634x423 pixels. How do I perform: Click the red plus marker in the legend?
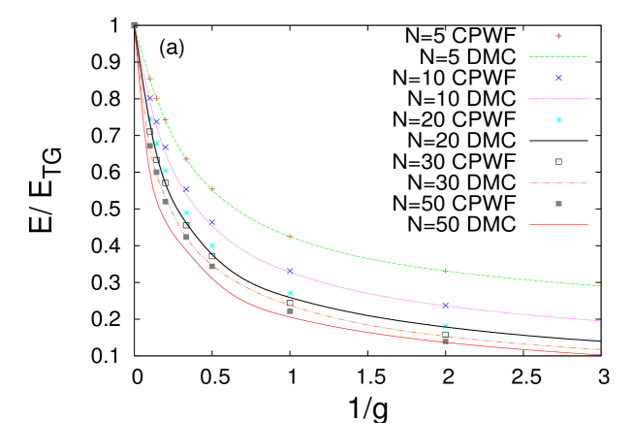coord(558,36)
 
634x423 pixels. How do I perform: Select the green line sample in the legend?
coord(558,57)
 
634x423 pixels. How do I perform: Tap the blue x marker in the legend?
coord(558,78)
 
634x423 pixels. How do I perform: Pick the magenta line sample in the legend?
coord(558,99)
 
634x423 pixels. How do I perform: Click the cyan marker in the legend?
coord(558,120)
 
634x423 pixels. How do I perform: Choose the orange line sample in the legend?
coord(558,182)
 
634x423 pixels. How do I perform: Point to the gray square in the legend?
coord(558,204)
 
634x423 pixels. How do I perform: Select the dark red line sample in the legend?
coord(558,225)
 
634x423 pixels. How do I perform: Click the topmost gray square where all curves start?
coord(134,25)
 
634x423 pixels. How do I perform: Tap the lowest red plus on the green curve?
coord(445,272)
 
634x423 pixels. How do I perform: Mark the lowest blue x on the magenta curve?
coord(445,305)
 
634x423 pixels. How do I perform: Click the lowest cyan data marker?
coord(445,326)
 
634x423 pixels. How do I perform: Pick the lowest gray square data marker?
coord(445,342)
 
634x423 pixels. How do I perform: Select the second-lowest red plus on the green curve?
coord(289,236)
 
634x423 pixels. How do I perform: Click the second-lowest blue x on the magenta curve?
coord(289,271)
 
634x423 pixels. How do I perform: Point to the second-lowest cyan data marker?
coord(290,293)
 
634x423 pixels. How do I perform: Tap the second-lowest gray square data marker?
coord(290,311)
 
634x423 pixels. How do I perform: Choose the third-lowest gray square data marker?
coord(211,266)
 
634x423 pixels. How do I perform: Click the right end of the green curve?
coord(600,285)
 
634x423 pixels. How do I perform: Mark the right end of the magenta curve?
coord(600,320)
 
